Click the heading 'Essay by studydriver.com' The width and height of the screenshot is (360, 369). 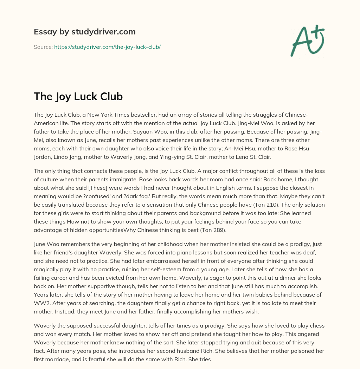point(84,32)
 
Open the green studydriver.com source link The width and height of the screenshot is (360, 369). point(107,47)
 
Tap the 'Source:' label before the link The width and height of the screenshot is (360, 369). point(43,47)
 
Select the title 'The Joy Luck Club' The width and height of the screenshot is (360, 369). point(78,97)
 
